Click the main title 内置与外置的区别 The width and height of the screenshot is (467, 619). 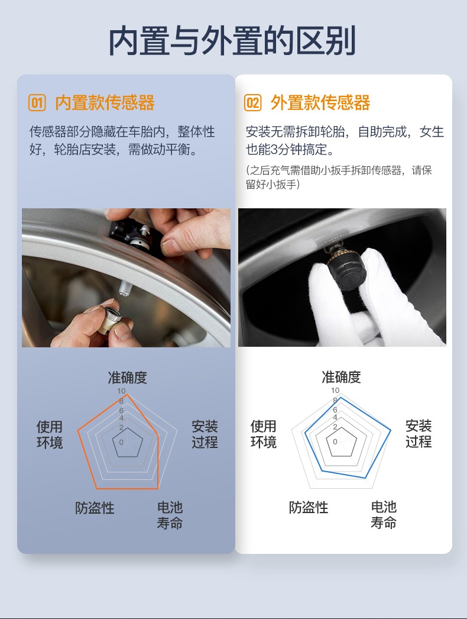click(x=232, y=40)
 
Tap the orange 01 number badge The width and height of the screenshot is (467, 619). click(x=37, y=102)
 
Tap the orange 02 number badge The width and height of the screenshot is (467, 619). click(x=252, y=102)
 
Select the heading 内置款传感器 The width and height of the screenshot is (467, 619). click(x=105, y=102)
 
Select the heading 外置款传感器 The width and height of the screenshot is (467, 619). click(x=320, y=102)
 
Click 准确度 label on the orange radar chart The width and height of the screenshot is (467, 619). click(x=128, y=378)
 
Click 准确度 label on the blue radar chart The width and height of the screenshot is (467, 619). click(x=341, y=377)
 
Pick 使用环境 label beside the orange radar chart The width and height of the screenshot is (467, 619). click(x=50, y=434)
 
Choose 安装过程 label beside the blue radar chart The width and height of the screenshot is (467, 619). click(x=419, y=433)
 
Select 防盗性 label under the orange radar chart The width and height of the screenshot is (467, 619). click(x=95, y=508)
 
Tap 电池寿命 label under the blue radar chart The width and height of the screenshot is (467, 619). click(x=384, y=514)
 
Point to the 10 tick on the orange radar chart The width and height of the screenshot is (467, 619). click(x=121, y=391)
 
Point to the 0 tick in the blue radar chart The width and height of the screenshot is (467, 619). click(x=335, y=441)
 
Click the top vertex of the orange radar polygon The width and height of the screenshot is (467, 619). click(x=127, y=394)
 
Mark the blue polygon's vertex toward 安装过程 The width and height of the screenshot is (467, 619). click(x=391, y=430)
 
